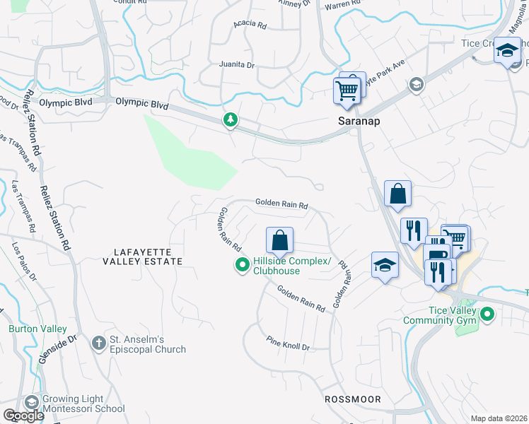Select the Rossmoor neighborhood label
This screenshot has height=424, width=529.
tap(352, 399)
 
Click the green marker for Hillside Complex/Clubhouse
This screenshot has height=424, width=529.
tap(242, 266)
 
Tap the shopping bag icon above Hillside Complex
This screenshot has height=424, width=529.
tap(279, 240)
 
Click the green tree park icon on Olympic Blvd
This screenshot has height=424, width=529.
tap(230, 121)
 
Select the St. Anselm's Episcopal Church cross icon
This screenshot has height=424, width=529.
tap(100, 343)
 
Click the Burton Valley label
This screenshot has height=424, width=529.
tap(37, 329)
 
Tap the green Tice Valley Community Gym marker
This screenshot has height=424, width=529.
tap(487, 313)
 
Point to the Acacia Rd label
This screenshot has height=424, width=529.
tap(251, 25)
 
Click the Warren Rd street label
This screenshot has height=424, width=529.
tap(337, 6)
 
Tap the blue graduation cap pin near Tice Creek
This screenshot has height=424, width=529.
tap(506, 51)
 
